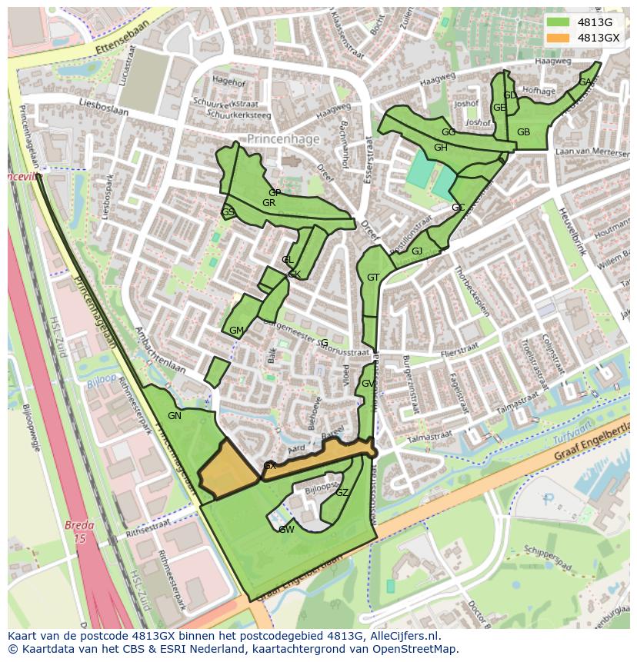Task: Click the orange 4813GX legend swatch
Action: [x=559, y=38]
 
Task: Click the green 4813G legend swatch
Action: [x=559, y=22]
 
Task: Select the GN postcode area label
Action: [x=175, y=416]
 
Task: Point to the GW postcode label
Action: [x=286, y=530]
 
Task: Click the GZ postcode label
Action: [x=342, y=493]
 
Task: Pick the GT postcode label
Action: [x=373, y=278]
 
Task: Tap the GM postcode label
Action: [x=236, y=331]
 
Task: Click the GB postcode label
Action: [x=523, y=132]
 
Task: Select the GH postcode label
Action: [x=440, y=148]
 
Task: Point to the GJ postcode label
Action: [x=417, y=251]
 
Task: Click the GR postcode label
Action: [x=268, y=203]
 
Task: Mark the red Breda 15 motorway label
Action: [x=79, y=532]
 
